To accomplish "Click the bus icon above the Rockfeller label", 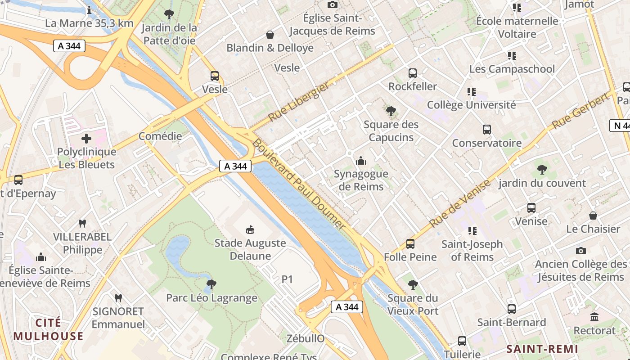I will tap(412, 73).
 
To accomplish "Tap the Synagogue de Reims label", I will tap(360, 180).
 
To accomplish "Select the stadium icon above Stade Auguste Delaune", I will tap(250, 230).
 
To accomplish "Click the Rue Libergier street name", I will tap(299, 103).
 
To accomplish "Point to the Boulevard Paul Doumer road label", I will tap(299, 184).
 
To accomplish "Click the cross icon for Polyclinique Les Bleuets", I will tap(86, 138).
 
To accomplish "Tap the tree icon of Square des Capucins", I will tap(391, 111).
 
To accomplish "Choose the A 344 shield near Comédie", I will tap(235, 166).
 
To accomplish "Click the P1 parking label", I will tap(287, 279).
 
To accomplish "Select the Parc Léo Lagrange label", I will tap(211, 297).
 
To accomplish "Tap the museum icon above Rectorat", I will tap(594, 317).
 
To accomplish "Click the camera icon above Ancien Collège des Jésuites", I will tap(580, 251).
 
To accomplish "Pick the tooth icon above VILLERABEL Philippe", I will tap(82, 223).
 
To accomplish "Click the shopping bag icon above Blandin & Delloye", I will tap(270, 35).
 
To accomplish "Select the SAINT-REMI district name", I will tap(542, 349).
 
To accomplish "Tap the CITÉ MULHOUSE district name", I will tap(48, 329).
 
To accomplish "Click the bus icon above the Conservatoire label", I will tap(486, 130).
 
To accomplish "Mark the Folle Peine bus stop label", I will tap(410, 257).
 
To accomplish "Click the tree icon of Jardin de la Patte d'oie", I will tap(169, 14).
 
